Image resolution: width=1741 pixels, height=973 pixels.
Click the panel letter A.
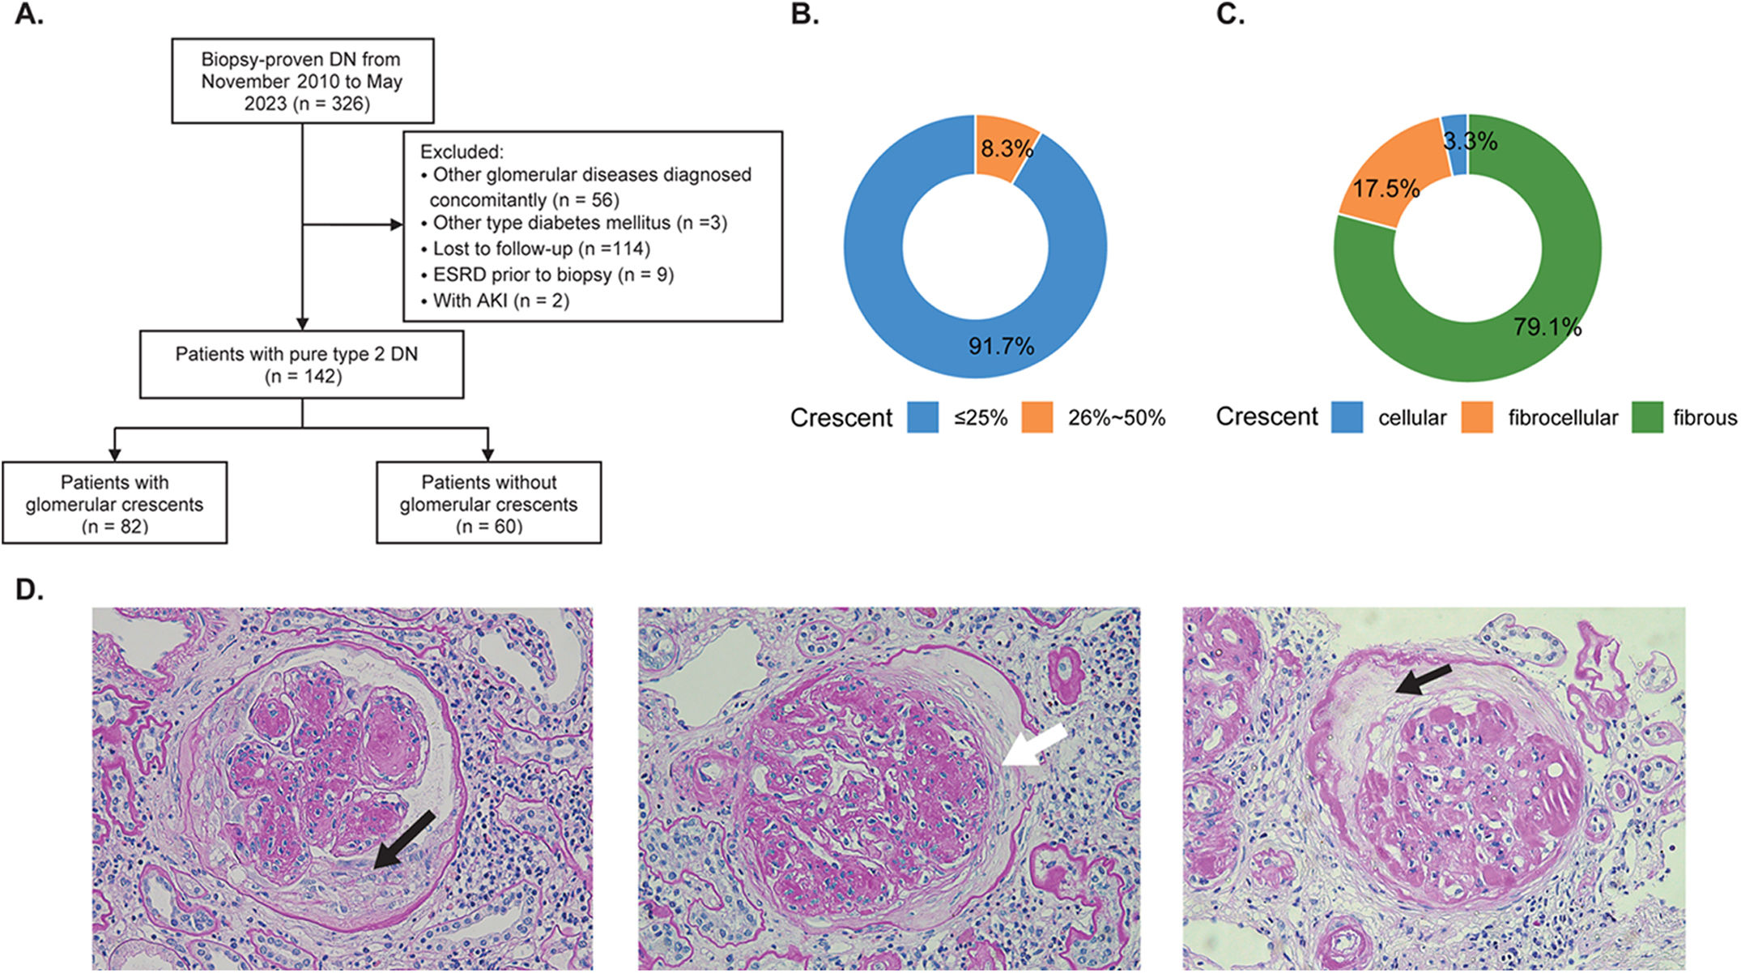click(x=28, y=15)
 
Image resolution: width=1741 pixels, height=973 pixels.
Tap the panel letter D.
click(x=28, y=590)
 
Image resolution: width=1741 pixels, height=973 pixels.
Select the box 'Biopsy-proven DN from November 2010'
click(x=302, y=81)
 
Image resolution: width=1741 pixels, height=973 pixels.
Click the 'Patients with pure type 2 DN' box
click(x=301, y=365)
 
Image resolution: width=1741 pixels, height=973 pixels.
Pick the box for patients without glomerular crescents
click(x=488, y=503)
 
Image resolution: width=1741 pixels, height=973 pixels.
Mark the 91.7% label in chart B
click(x=1001, y=347)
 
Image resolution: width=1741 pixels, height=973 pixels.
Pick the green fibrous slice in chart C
click(x=1522, y=340)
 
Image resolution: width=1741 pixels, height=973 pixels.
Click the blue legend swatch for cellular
click(x=1347, y=417)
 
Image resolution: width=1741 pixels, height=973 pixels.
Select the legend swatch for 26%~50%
click(x=1037, y=417)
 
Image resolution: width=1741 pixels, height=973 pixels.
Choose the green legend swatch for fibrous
click(x=1647, y=417)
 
